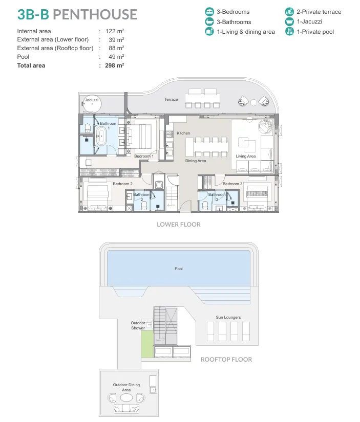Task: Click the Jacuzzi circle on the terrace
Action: [x=92, y=104]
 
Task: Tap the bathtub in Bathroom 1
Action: [x=101, y=136]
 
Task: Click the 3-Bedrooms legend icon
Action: [x=209, y=12]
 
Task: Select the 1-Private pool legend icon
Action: [x=289, y=32]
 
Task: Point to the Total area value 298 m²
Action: [x=115, y=65]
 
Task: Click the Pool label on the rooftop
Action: [x=179, y=269]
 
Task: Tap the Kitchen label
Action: [x=183, y=133]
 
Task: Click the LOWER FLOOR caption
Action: [x=179, y=225]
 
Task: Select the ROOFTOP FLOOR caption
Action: [x=226, y=360]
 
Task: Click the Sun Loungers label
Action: [x=228, y=317]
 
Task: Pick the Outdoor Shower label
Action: [x=138, y=325]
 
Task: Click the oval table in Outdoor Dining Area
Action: [x=126, y=397]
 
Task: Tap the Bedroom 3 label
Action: [x=232, y=184]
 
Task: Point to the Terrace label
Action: [x=171, y=99]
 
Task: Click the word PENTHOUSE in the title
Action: [x=95, y=14]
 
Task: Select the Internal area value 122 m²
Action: [x=115, y=31]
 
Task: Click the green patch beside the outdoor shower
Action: [x=147, y=344]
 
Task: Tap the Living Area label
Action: [x=245, y=156]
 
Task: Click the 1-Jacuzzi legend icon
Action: [x=289, y=21]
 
